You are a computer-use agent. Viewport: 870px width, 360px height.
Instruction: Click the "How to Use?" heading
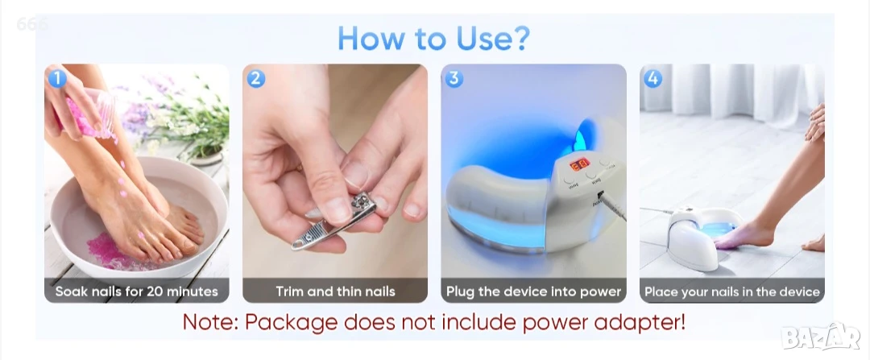(433, 38)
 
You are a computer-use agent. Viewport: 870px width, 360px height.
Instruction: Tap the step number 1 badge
(56, 79)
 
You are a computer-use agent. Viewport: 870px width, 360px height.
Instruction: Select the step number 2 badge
(255, 79)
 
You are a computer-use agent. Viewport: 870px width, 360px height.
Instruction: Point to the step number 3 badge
(454, 79)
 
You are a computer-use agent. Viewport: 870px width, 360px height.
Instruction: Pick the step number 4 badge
(652, 79)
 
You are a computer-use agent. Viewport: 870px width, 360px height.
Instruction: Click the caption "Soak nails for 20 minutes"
(136, 292)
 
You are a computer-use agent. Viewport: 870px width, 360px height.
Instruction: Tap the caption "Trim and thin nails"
(335, 292)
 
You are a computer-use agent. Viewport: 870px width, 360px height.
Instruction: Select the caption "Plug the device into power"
(534, 292)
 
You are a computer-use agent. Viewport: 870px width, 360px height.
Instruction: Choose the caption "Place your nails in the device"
(731, 292)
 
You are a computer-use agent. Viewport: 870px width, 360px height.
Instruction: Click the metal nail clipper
(334, 221)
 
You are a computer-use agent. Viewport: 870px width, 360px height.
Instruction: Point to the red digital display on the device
(580, 164)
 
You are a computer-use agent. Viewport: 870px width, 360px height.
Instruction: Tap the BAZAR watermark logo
(820, 336)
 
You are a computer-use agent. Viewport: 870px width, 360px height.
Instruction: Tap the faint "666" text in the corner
(32, 24)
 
